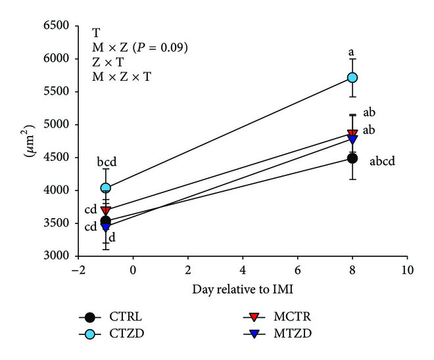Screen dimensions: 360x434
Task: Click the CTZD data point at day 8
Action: click(x=352, y=77)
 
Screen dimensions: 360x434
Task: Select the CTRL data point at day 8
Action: click(x=352, y=158)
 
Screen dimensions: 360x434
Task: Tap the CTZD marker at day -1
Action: click(x=105, y=188)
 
